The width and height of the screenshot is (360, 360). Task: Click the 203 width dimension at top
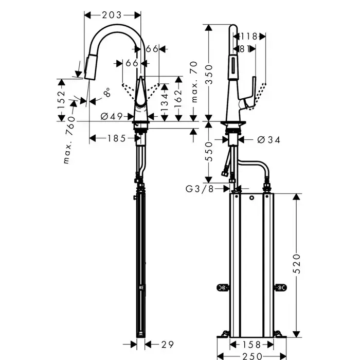112,15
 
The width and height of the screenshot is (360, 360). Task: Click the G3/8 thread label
200,189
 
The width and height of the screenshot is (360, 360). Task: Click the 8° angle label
106,94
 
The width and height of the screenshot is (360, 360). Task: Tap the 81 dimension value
245,49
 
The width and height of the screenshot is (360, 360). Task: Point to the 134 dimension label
164,104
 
